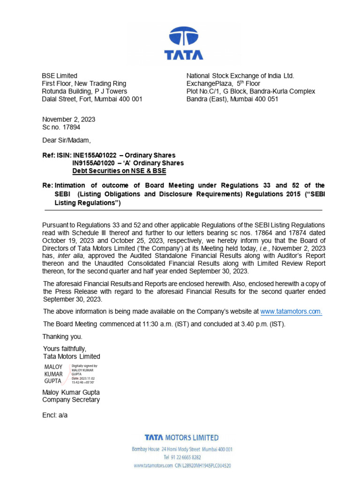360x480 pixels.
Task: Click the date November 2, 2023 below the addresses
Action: [68, 120]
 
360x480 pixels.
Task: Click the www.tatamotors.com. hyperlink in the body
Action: [291, 311]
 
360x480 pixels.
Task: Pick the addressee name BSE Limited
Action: [60, 75]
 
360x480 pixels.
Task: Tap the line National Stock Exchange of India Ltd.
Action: [240, 75]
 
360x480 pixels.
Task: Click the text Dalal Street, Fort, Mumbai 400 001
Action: [92, 99]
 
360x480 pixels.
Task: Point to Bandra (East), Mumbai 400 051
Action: [232, 99]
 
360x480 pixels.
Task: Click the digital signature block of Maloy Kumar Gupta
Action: [70, 374]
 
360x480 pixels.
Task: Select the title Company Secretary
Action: [71, 400]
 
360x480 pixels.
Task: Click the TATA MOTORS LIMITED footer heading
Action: [181, 438]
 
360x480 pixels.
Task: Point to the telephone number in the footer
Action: [182, 457]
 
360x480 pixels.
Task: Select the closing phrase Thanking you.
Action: [62, 337]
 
